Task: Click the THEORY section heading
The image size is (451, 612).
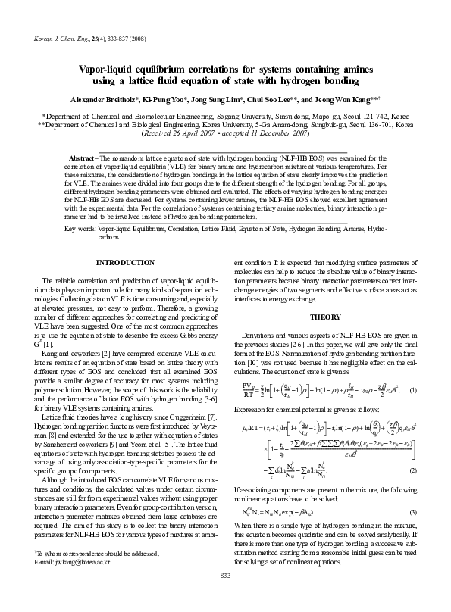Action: (x=325, y=316)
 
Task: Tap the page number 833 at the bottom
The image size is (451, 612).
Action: (x=225, y=598)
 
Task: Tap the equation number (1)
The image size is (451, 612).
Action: (x=412, y=389)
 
